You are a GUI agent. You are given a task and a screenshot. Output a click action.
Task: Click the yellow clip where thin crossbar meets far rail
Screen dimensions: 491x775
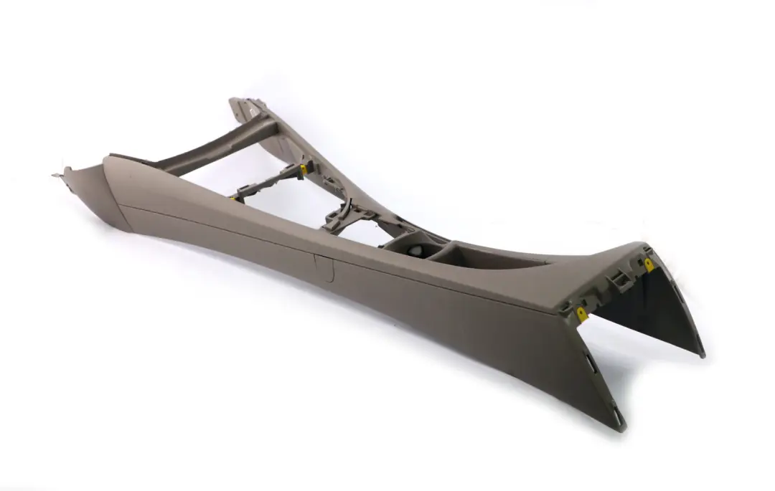tap(304, 170)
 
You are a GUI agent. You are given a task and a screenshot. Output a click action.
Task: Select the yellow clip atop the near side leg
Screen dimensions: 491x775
tap(582, 313)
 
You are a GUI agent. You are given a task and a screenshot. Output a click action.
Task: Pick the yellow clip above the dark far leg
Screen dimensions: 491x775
tap(649, 264)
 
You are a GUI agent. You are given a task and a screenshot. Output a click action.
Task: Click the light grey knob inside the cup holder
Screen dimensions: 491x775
tap(415, 252)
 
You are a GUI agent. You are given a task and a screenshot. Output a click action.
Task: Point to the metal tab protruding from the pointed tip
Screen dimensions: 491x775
tap(57, 173)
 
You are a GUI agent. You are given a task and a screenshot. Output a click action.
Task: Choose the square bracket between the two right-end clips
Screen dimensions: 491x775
tap(616, 280)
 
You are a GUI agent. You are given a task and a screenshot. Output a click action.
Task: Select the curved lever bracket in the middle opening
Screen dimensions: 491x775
tap(344, 213)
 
